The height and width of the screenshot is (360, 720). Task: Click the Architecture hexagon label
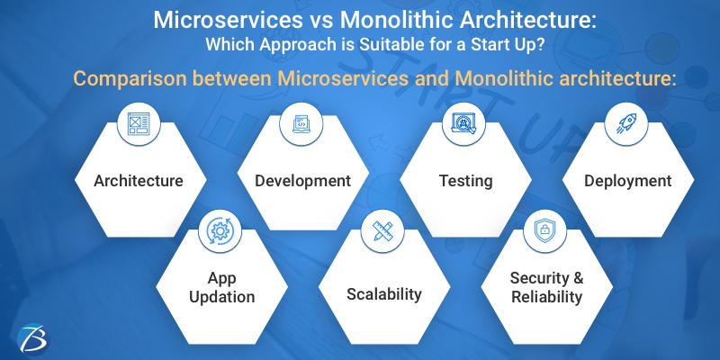tap(139, 181)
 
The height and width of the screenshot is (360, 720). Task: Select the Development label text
tap(302, 181)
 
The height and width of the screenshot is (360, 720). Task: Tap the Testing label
tap(465, 181)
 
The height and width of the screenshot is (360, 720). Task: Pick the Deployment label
tap(627, 181)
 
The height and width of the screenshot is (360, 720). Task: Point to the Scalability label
tap(384, 293)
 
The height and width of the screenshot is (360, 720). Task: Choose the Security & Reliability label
tap(546, 287)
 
